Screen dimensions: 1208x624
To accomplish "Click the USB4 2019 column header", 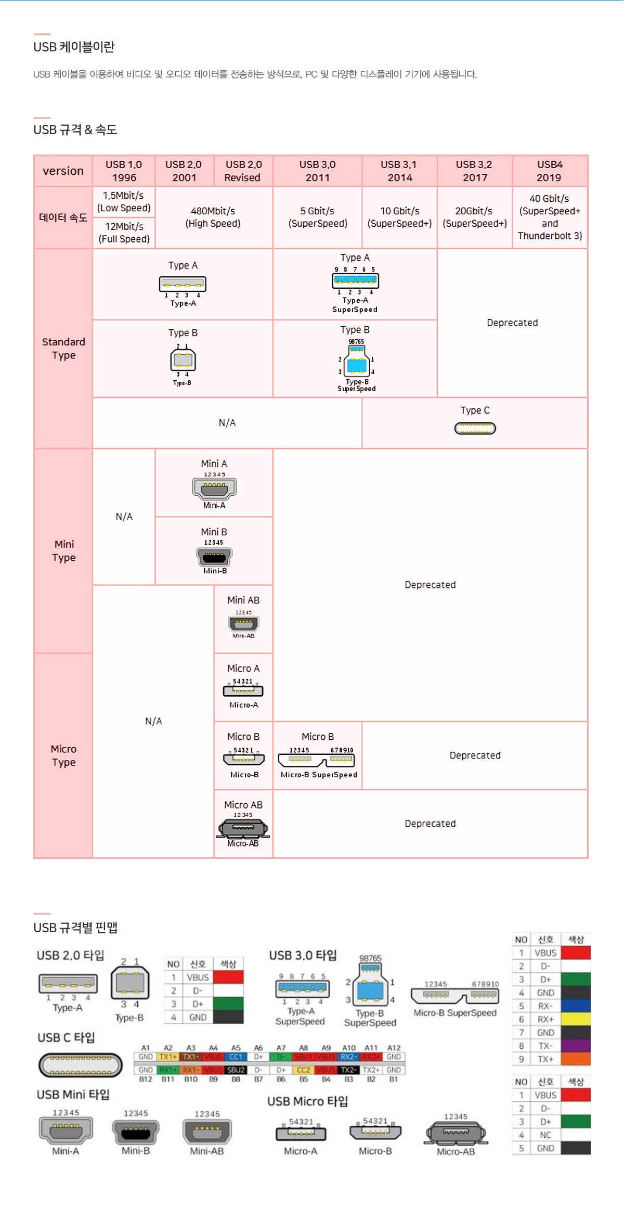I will (x=549, y=171).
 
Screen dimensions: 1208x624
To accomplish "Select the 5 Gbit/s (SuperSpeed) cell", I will (x=317, y=217).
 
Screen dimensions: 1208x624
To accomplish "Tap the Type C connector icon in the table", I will (x=475, y=428).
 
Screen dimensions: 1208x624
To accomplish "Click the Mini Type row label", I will (x=63, y=550).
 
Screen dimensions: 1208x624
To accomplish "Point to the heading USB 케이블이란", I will (x=74, y=47).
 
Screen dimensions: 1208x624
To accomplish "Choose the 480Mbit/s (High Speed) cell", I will (x=213, y=217).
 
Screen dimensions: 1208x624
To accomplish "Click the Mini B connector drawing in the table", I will (x=214, y=557).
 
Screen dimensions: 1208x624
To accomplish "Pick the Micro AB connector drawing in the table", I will (x=243, y=828).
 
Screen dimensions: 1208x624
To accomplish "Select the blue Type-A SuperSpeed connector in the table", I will (x=355, y=280).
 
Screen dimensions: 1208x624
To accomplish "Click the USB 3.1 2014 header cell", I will (x=399, y=171).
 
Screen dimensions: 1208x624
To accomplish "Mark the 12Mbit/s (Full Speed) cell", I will (x=124, y=233).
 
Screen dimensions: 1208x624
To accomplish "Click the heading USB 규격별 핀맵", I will (x=75, y=928).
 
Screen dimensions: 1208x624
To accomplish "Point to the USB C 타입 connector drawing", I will (x=80, y=1064).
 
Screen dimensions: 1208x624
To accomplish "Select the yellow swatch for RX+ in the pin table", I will (x=576, y=1019).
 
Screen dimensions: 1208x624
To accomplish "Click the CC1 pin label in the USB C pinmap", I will (x=236, y=1057).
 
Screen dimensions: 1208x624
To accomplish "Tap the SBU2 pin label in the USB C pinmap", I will (x=236, y=1070).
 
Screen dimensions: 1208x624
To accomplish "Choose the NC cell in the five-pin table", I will (x=545, y=1135).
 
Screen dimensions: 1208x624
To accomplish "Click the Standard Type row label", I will (x=63, y=349).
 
